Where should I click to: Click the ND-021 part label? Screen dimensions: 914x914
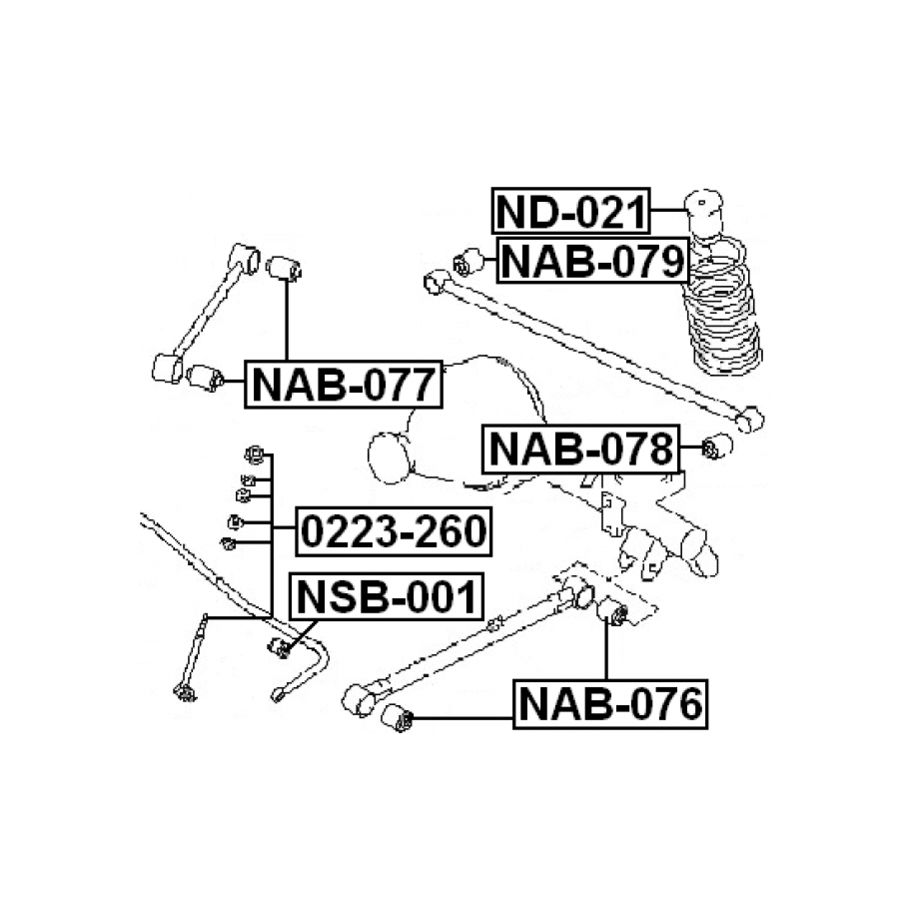[x=570, y=211]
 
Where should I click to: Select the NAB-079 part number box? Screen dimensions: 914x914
[x=592, y=260]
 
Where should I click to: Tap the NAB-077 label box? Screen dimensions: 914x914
[x=344, y=385]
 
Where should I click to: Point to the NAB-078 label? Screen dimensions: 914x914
[x=581, y=449]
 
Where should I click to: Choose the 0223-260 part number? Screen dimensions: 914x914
[x=394, y=531]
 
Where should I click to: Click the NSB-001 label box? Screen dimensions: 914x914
[x=387, y=596]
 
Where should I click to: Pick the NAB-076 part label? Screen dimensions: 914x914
[x=610, y=704]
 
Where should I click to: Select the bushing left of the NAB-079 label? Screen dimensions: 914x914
[x=468, y=262]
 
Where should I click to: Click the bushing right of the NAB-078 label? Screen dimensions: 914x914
[x=716, y=447]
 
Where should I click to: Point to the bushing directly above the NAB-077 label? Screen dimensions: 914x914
[x=284, y=268]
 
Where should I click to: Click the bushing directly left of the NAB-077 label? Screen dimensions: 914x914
[x=205, y=378]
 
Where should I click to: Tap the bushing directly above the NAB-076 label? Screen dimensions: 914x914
[x=612, y=612]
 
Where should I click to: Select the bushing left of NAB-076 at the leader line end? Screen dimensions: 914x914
[x=397, y=718]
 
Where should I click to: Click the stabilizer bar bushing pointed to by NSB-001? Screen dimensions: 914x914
[x=280, y=647]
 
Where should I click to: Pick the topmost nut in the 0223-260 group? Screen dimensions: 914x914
[x=255, y=455]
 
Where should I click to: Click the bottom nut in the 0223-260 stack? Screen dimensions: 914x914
[x=228, y=543]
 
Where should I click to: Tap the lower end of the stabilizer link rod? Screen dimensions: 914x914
[x=185, y=692]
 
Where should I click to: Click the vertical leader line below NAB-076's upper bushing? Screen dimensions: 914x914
[x=606, y=650]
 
